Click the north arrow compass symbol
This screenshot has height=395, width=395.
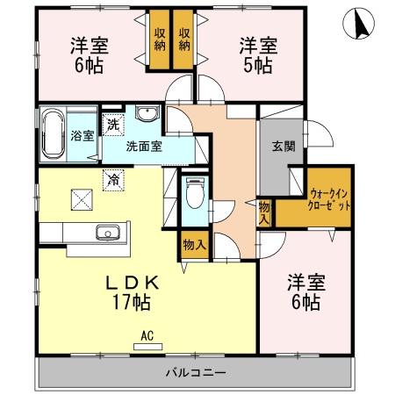(x=361, y=24)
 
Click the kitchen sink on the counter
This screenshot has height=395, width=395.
(x=108, y=233)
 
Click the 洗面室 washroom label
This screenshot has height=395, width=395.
(x=142, y=147)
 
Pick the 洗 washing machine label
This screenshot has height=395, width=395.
(x=113, y=125)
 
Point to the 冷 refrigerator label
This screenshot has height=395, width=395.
(x=113, y=178)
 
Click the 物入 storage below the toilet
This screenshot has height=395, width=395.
(x=194, y=245)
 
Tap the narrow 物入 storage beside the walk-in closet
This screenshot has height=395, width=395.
(x=264, y=212)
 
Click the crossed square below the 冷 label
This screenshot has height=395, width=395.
(x=83, y=199)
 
